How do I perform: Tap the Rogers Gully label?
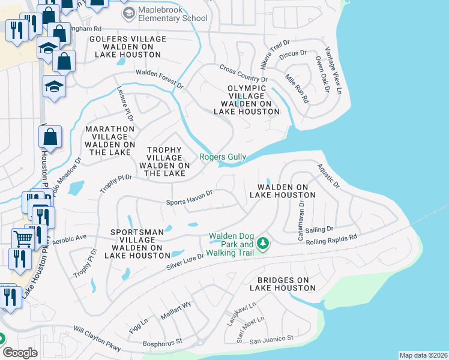[x=223, y=157]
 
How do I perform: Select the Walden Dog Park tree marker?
[x=262, y=243]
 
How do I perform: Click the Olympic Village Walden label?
[x=246, y=100]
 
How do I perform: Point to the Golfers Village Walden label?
[x=125, y=47]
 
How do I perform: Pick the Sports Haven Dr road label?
[x=190, y=197]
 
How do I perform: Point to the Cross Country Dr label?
[x=243, y=74]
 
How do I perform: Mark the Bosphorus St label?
[x=162, y=344]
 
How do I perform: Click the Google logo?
[x=20, y=353]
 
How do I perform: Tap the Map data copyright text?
[x=423, y=355]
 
